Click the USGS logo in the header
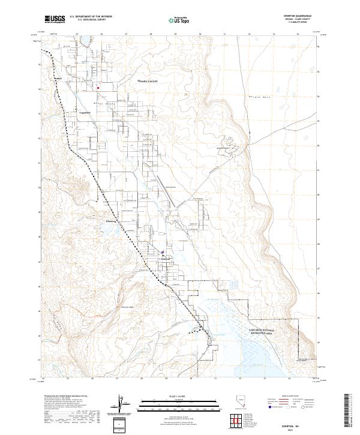(55, 19)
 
